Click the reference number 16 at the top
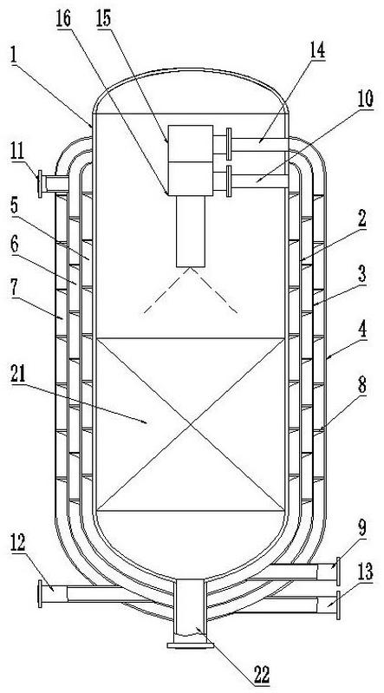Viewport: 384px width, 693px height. pyautogui.click(x=64, y=19)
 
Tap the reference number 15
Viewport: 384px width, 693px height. pyautogui.click(x=104, y=19)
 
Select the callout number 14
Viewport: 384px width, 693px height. pyautogui.click(x=316, y=50)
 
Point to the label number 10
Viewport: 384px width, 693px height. pyautogui.click(x=365, y=100)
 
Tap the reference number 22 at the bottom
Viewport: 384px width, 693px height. pyautogui.click(x=261, y=675)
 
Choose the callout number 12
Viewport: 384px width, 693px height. pyautogui.click(x=19, y=545)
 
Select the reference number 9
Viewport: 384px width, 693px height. pyautogui.click(x=362, y=527)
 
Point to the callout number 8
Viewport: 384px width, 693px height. pyautogui.click(x=362, y=386)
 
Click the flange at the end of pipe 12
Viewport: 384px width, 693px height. pyautogui.click(x=40, y=594)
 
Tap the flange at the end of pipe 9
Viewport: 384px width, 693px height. pyautogui.click(x=338, y=571)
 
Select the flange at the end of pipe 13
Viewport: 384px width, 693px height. pyautogui.click(x=338, y=605)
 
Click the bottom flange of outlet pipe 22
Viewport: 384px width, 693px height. pyautogui.click(x=190, y=645)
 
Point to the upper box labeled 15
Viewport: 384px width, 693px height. pyautogui.click(x=191, y=143)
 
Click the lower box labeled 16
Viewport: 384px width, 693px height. pyautogui.click(x=191, y=179)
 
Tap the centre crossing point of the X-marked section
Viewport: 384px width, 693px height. pyautogui.click(x=191, y=425)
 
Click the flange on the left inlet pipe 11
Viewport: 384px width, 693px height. pyautogui.click(x=40, y=184)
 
